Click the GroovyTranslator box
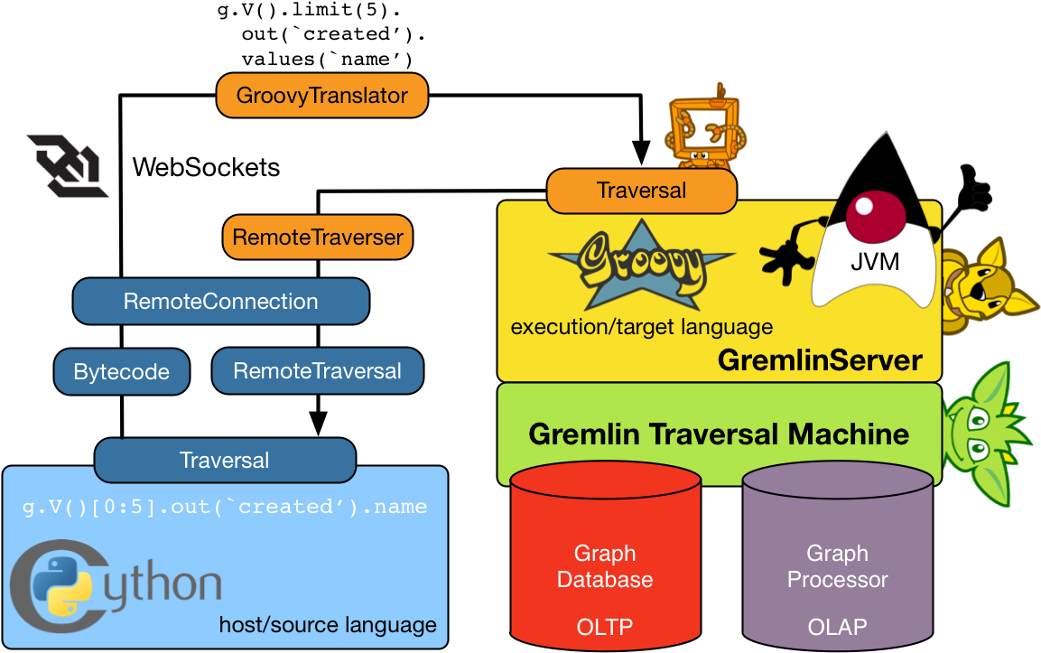coord(321,96)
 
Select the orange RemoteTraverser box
coord(318,238)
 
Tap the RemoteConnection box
coord(220,302)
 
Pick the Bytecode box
coord(122,372)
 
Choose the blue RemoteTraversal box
coord(317,371)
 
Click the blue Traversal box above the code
coord(225,461)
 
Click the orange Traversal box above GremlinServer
coord(641,191)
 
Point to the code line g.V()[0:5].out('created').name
coord(225,507)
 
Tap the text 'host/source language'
coord(328,625)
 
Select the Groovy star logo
coord(641,263)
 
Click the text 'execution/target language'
coord(642,327)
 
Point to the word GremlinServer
coord(820,361)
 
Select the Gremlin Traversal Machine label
coord(719,434)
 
